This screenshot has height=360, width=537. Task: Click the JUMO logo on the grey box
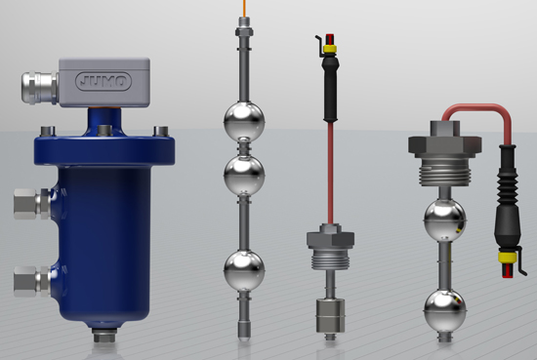[x=103, y=81]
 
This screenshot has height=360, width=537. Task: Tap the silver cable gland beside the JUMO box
[x=40, y=88]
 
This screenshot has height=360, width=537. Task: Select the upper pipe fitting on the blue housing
[x=32, y=204]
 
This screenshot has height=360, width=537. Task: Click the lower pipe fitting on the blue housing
[x=32, y=282]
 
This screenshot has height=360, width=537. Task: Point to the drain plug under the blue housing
[x=104, y=335]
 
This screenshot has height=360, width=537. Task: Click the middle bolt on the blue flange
[x=104, y=131]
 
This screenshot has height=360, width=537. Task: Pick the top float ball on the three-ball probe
[x=244, y=121]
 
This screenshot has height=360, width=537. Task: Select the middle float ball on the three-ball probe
[x=244, y=176]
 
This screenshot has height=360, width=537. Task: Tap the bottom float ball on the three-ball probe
[x=244, y=270]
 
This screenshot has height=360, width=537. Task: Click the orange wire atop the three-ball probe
[x=244, y=8]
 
